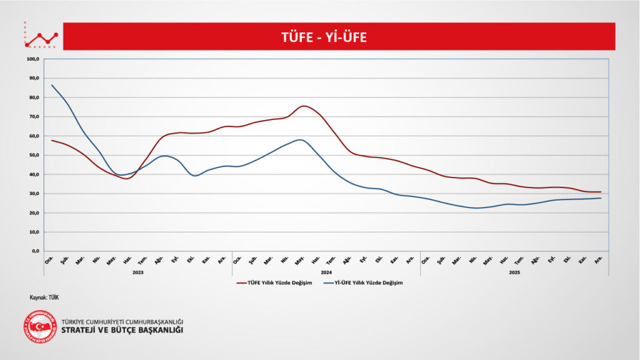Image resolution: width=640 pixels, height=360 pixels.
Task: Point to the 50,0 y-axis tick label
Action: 33,155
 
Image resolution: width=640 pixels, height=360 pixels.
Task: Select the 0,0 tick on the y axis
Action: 35,251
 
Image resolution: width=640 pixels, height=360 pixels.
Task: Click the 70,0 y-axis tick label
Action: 33,117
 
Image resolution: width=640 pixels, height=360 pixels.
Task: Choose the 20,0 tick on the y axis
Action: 33,213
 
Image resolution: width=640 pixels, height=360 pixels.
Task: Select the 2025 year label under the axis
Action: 514,272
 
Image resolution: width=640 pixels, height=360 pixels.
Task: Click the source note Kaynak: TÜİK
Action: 44,297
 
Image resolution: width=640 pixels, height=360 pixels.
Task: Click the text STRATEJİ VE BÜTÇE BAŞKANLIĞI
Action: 122,330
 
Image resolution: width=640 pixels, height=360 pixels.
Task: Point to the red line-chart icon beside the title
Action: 41,37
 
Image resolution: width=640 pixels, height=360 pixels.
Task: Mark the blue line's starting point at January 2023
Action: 52,85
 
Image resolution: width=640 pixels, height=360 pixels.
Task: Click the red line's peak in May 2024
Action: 302,106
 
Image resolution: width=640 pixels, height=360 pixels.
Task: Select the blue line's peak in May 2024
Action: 301,139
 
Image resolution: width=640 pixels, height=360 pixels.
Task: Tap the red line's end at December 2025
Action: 601,192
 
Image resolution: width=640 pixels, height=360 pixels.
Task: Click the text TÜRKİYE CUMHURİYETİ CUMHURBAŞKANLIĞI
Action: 122,322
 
